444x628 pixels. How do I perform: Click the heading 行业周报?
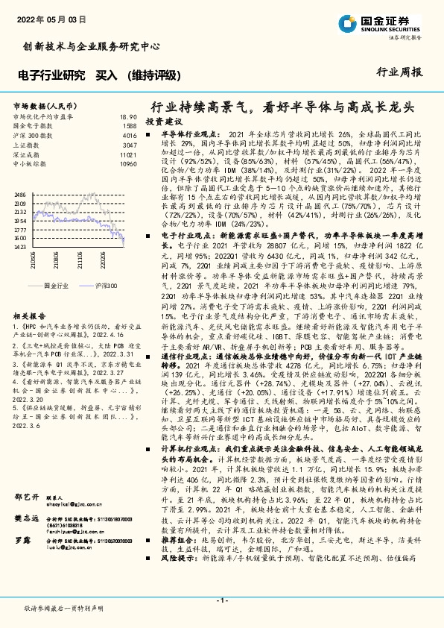pos(405,72)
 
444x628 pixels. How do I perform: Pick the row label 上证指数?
pos(27,145)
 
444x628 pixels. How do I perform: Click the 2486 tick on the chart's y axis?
pos(19,195)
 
